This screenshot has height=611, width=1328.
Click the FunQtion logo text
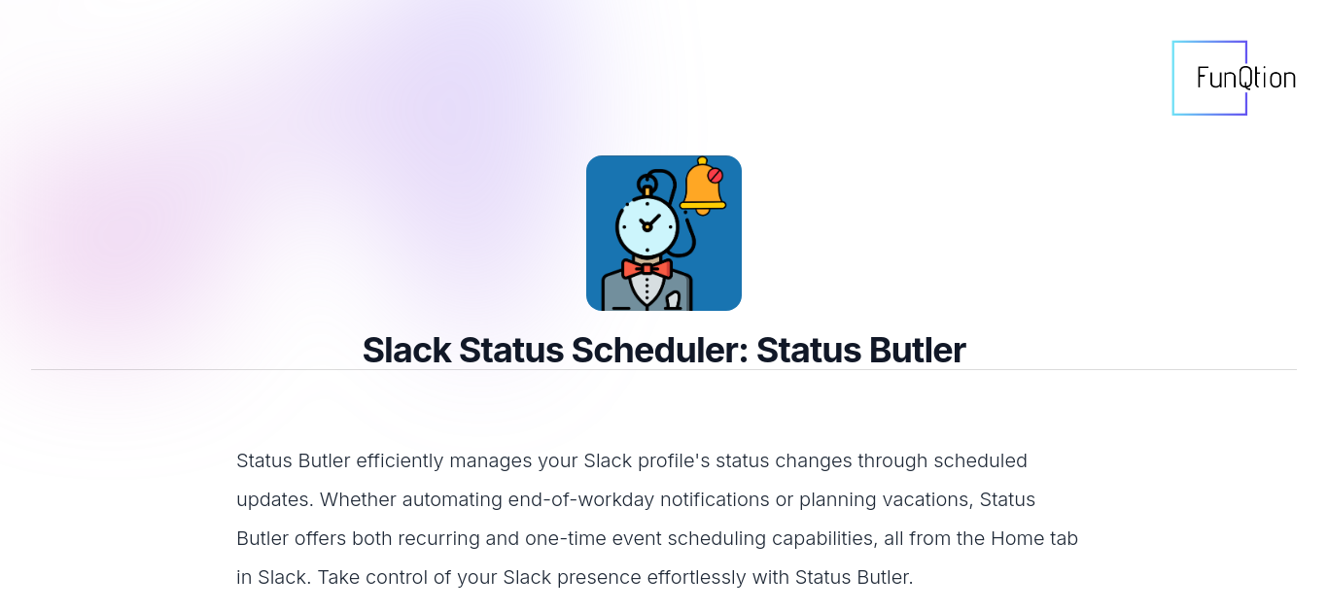pyautogui.click(x=1245, y=79)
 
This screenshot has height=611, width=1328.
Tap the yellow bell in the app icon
pyautogui.click(x=703, y=186)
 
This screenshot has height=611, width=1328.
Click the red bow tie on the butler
pyautogui.click(x=647, y=269)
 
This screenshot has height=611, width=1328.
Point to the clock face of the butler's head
pyautogui.click(x=647, y=225)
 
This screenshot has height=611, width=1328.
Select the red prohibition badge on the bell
pyautogui.click(x=715, y=176)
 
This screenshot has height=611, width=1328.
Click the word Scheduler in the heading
pyautogui.click(x=659, y=350)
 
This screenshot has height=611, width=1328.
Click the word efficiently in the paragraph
pyautogui.click(x=400, y=460)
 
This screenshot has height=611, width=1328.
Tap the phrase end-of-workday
pyautogui.click(x=581, y=499)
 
